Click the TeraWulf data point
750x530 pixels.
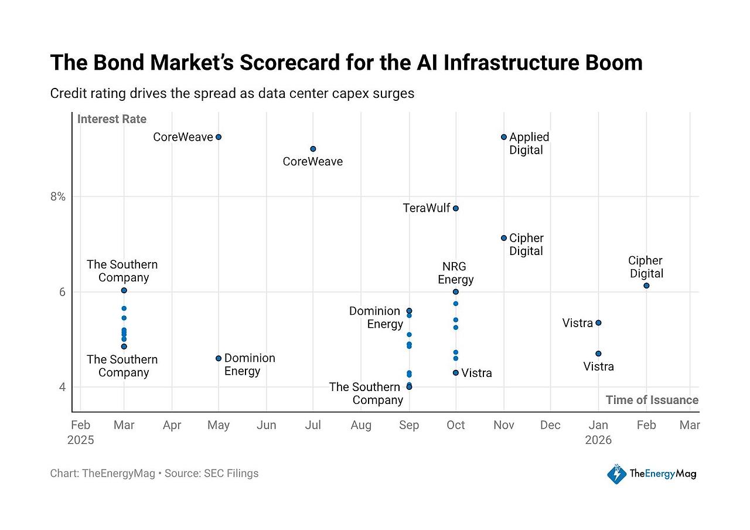[456, 208]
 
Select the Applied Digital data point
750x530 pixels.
[503, 137]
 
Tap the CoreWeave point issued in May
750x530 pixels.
[219, 137]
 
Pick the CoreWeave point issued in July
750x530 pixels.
[313, 149]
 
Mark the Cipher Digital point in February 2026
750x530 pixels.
[646, 286]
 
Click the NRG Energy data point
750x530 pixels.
[456, 292]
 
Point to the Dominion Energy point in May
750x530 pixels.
[219, 358]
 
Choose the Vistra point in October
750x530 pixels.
[456, 373]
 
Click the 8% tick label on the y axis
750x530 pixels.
[58, 196]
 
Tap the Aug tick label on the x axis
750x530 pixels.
[361, 425]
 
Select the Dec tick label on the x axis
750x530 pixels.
[550, 425]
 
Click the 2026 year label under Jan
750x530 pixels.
[598, 440]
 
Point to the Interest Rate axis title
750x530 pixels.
[112, 119]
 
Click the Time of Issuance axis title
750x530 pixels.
[652, 400]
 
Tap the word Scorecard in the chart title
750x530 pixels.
[289, 63]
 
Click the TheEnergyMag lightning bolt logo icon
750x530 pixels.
[616, 474]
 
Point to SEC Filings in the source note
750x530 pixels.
[231, 473]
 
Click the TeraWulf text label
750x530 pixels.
[426, 208]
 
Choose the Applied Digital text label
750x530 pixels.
[529, 144]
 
